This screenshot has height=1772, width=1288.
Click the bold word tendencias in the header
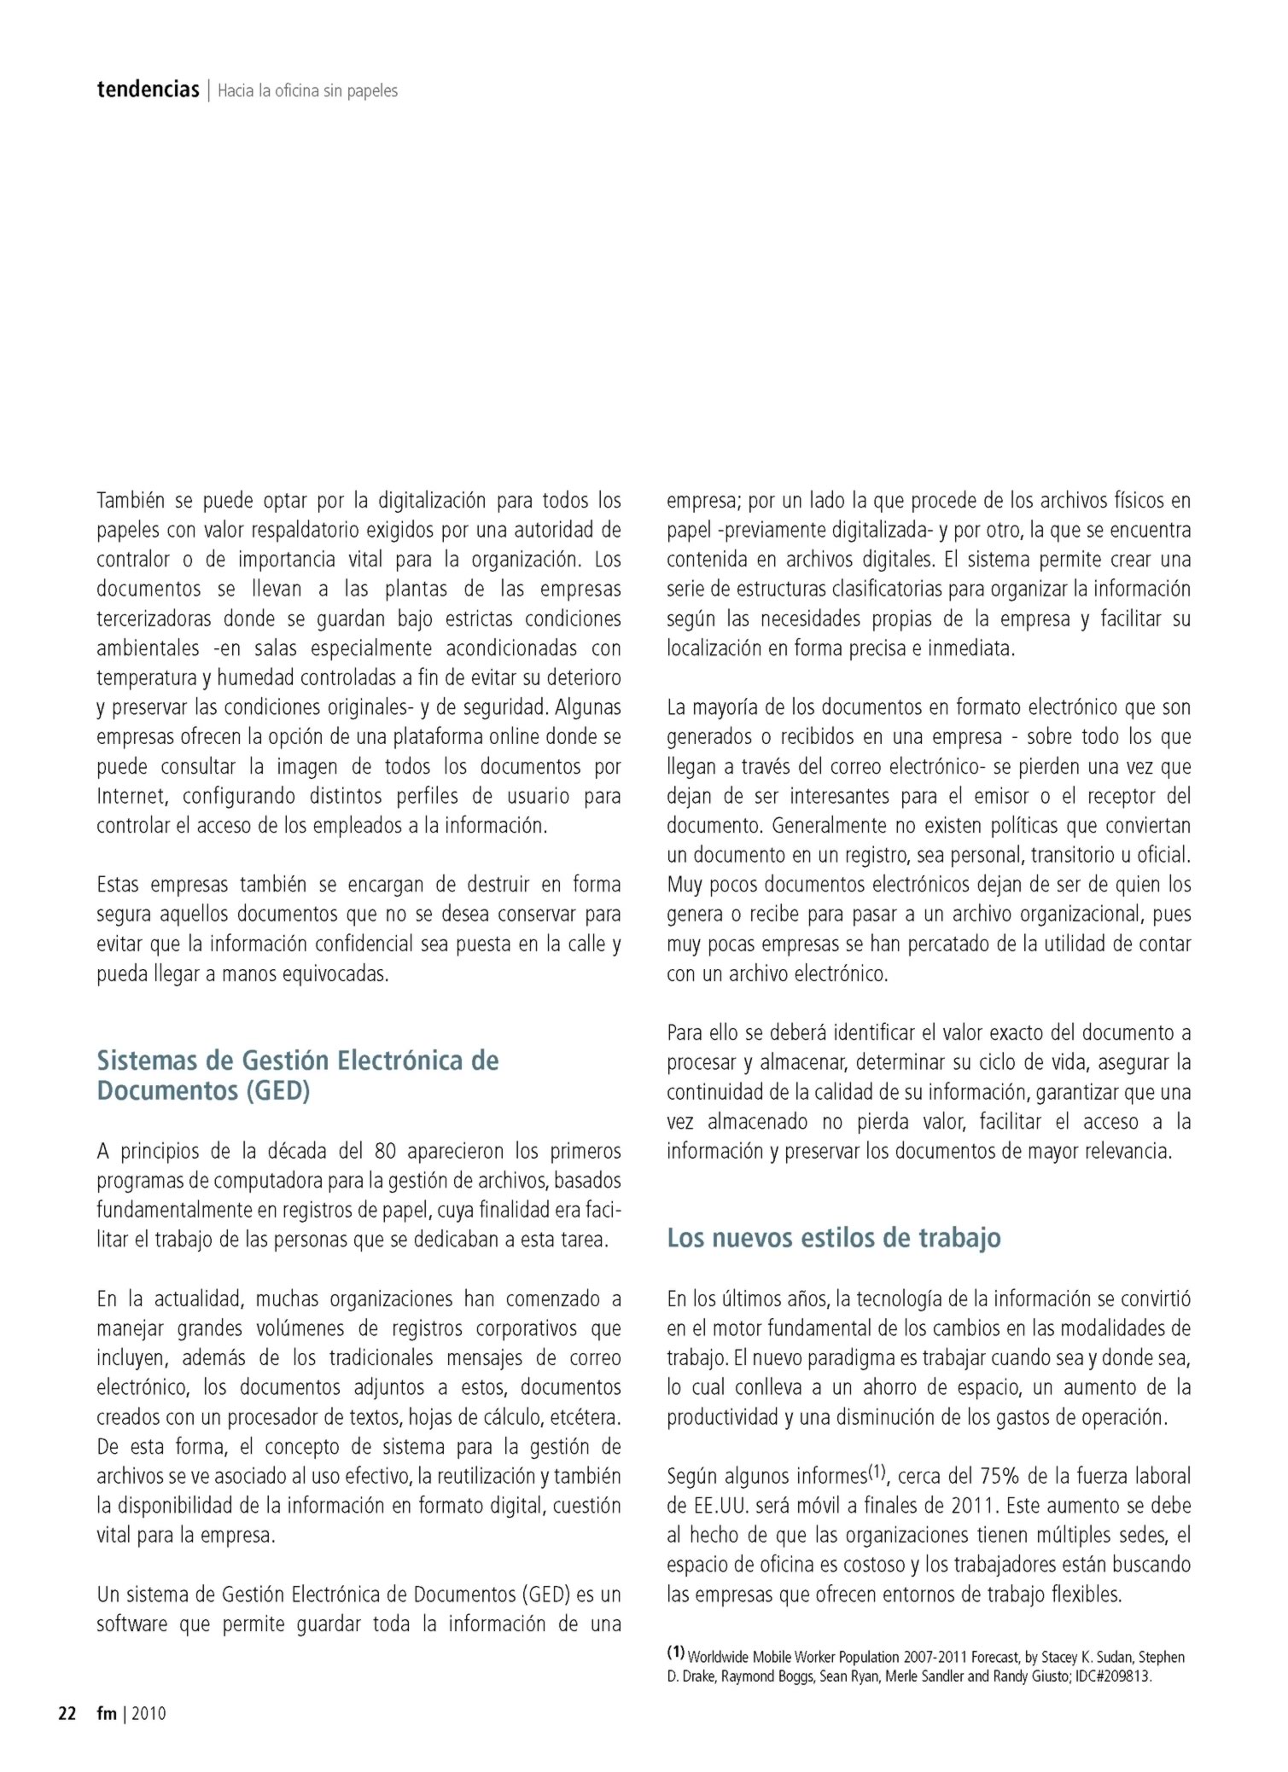[148, 90]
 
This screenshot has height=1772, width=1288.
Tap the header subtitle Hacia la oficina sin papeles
[307, 90]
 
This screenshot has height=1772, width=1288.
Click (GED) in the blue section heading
[277, 1090]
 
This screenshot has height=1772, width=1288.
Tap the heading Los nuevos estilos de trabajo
[833, 1237]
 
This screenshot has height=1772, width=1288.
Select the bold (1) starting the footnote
[675, 1652]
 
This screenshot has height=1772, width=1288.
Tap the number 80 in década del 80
[385, 1152]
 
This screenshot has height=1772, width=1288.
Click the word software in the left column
[131, 1624]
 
